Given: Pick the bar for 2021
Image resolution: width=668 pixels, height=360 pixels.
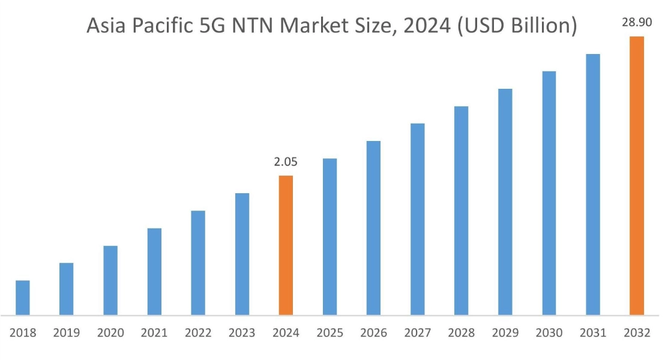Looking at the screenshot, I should tap(154, 271).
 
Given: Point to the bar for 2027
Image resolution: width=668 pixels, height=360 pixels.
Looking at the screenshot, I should tap(418, 219).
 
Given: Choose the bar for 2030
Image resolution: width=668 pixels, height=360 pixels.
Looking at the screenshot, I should tap(549, 193).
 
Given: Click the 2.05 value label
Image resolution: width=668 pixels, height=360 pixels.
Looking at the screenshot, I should tap(286, 162).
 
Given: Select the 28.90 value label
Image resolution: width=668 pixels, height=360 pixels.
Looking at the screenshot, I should tap(636, 23).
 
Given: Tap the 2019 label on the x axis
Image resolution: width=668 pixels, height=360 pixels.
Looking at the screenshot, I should tap(66, 333).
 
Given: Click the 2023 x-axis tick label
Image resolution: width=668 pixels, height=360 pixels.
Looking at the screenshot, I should tap(242, 333).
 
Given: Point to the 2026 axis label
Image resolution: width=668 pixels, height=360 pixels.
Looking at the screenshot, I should tap(373, 333).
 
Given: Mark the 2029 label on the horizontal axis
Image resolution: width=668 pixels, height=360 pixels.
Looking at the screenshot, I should tap(505, 333).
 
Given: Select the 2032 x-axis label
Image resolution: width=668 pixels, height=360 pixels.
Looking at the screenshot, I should tap(636, 333).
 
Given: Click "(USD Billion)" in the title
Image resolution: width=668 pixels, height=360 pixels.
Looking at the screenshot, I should tap(517, 26).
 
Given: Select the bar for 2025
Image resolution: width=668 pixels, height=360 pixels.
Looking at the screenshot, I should tap(329, 236).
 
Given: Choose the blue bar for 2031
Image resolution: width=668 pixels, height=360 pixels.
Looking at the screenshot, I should tap(593, 184).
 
